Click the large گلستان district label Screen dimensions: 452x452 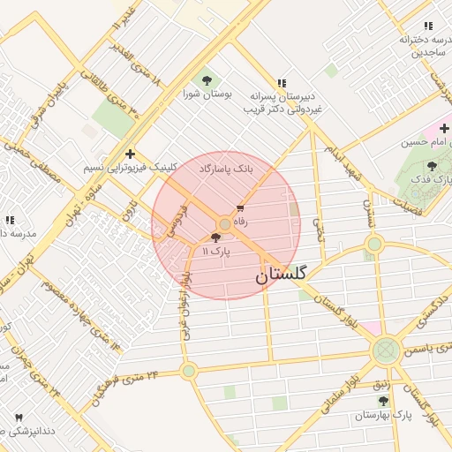(x=281, y=275)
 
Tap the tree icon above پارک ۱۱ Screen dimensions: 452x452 (x=216, y=238)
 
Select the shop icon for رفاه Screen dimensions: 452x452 (x=240, y=208)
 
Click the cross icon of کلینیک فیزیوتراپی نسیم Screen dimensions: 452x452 (x=131, y=153)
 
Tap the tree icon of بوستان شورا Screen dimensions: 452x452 (x=207, y=79)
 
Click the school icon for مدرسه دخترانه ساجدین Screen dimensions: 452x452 (x=428, y=26)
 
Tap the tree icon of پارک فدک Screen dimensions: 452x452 (x=432, y=165)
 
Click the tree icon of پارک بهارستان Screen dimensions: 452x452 (x=382, y=401)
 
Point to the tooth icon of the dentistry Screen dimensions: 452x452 (x=19, y=417)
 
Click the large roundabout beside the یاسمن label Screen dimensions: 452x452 (x=386, y=350)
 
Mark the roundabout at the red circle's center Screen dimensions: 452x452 (x=226, y=225)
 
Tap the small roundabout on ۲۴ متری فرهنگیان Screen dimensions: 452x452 (x=189, y=371)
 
